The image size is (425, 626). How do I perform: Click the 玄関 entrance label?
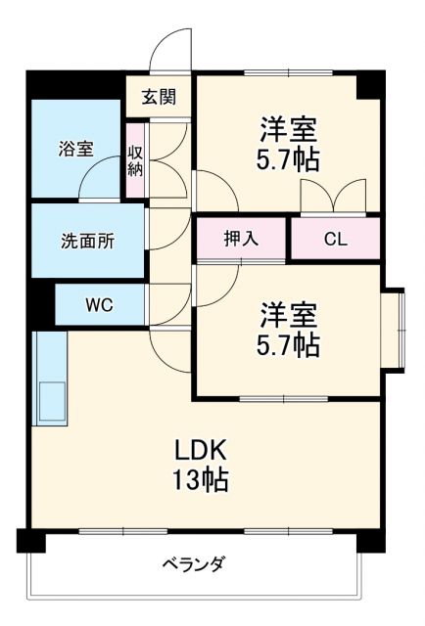pos(158,97)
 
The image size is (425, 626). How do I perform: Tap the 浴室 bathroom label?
pos(75,149)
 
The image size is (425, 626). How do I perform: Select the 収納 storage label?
pos(135,159)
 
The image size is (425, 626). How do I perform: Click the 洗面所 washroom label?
pos(87,241)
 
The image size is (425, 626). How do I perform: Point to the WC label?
pos(98,304)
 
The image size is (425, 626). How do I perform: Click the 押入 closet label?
pos(241,239)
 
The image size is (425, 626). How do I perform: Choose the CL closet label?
pos(334,239)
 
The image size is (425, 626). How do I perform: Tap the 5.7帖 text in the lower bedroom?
pos(289,344)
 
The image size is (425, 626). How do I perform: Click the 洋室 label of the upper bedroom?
pos(289,128)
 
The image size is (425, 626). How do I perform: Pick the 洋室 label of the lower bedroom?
pos(289,315)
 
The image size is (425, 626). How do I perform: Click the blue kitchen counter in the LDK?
pos(50,377)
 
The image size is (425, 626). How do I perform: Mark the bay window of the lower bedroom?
pos(394,330)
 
